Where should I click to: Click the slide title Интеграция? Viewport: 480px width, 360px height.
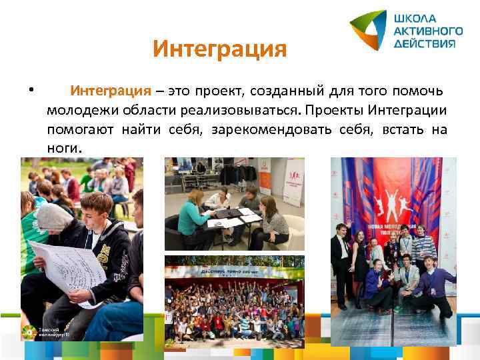coord(219,49)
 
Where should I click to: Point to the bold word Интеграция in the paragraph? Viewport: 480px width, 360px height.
coord(111,90)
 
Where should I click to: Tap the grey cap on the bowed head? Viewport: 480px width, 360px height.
coord(53,217)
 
